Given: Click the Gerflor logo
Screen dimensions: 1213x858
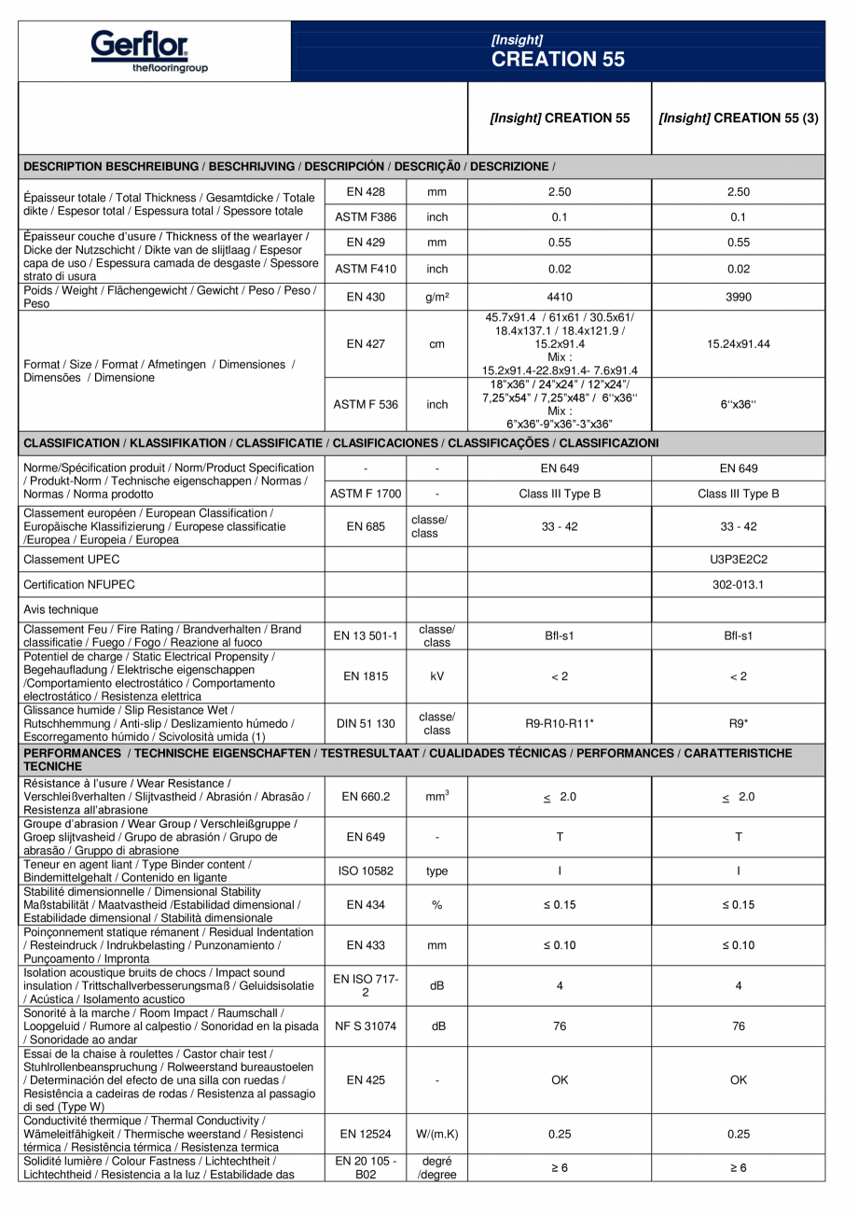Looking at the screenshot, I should tap(149, 50).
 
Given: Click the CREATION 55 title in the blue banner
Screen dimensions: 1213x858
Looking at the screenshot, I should tap(558, 60).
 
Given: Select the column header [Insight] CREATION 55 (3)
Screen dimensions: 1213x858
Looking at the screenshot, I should tap(738, 119).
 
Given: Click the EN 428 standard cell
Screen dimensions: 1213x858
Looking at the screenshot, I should tap(366, 192).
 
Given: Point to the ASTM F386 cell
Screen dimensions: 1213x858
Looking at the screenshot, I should tap(366, 217).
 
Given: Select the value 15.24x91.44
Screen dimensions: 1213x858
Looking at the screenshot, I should tap(738, 344).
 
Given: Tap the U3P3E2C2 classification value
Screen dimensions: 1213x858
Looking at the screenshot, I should tap(738, 559).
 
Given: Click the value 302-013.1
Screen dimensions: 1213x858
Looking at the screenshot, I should tap(738, 585).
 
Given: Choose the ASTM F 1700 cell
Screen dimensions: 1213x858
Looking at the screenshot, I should tap(366, 494).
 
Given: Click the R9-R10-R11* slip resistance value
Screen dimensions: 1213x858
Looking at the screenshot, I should tap(559, 722).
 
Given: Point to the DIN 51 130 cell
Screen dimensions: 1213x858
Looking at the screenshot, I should tap(366, 722).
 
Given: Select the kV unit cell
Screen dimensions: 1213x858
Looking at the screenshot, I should tap(436, 676).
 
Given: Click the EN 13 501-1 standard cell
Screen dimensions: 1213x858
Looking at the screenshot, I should tap(366, 636).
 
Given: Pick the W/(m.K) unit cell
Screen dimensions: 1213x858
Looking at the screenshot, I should tap(436, 1134).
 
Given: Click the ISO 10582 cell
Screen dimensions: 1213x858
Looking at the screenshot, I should tap(366, 871).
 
